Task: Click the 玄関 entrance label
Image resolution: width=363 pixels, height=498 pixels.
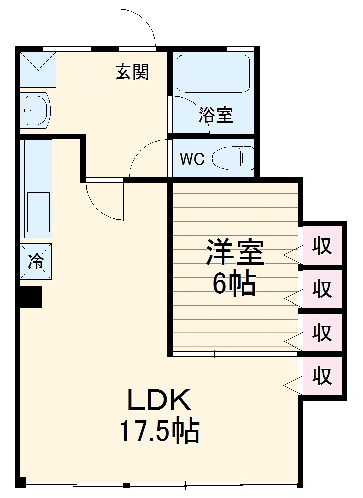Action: click(x=132, y=72)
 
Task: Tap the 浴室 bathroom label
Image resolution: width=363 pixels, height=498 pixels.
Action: click(x=215, y=115)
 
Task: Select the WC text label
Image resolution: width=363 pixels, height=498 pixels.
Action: click(x=192, y=159)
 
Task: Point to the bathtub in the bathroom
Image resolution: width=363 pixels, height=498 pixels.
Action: click(x=213, y=73)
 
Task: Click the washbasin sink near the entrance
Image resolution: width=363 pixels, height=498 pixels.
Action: click(x=35, y=109)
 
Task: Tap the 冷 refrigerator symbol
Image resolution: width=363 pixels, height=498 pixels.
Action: click(x=36, y=261)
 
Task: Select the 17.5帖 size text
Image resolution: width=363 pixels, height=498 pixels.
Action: click(x=159, y=431)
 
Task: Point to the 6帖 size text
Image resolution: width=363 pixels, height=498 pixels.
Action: click(x=234, y=285)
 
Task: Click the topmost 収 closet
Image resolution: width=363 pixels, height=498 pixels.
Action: click(x=322, y=245)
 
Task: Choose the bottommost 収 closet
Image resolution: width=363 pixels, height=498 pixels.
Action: click(x=322, y=376)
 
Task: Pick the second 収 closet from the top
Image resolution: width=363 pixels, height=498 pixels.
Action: click(x=322, y=289)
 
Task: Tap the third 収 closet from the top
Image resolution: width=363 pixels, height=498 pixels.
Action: click(x=322, y=332)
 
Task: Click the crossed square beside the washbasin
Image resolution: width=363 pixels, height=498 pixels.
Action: click(x=37, y=69)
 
